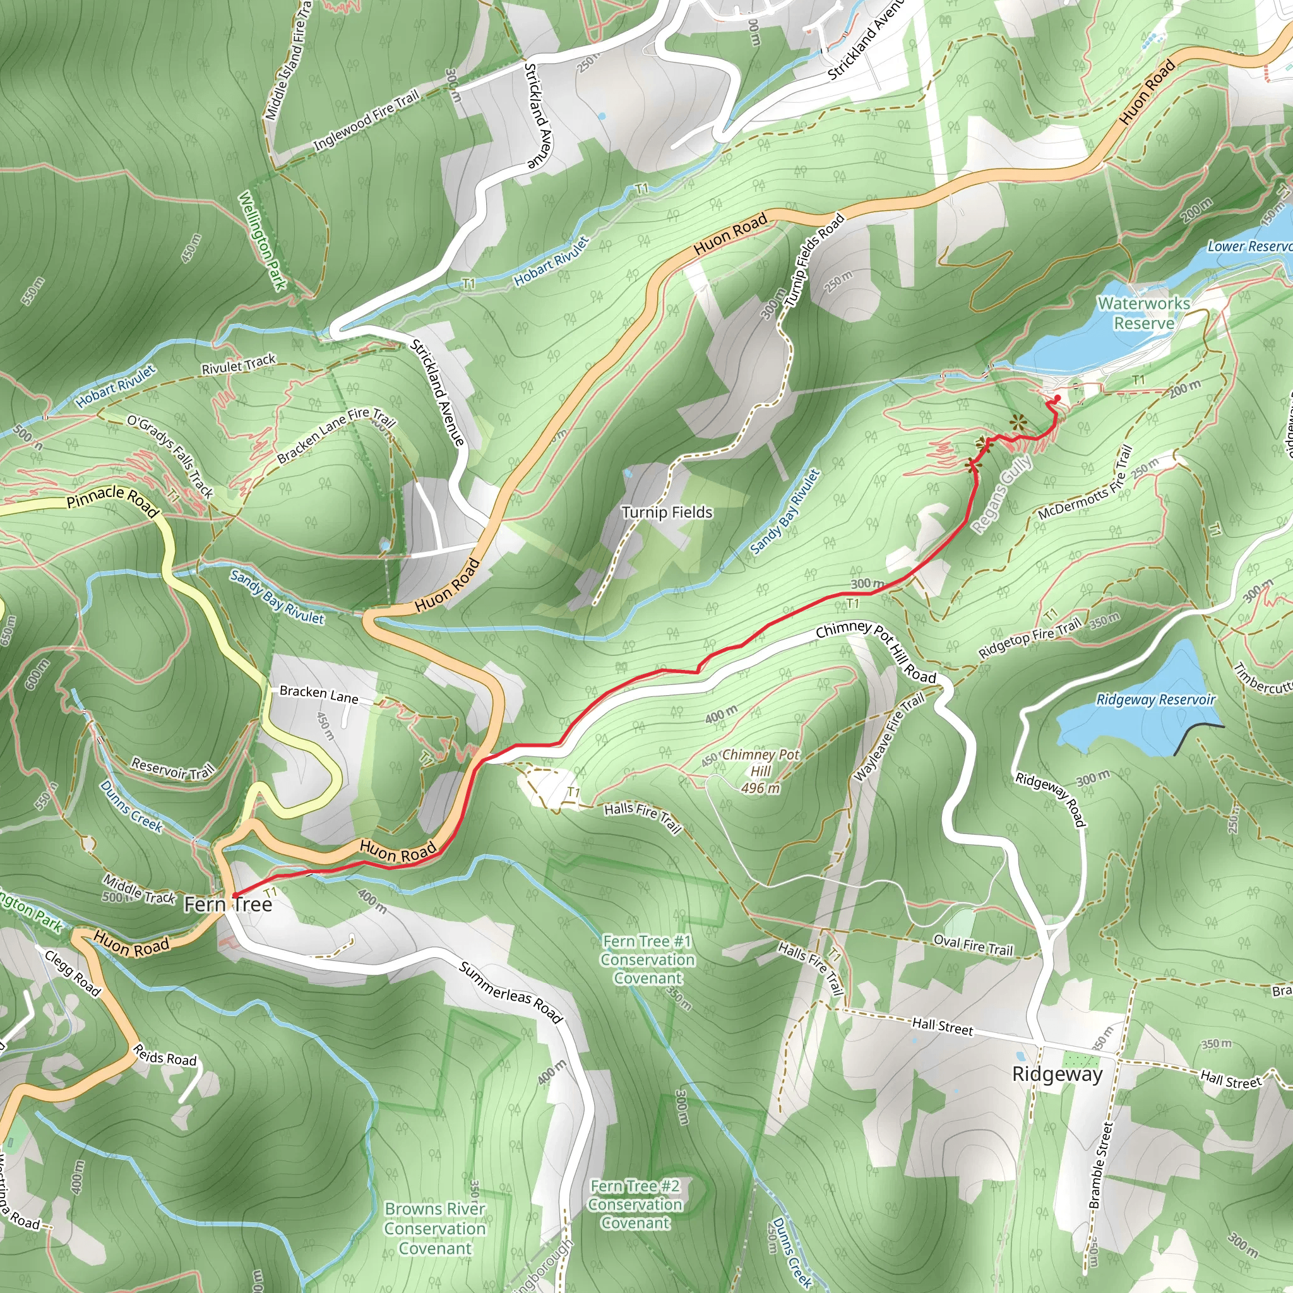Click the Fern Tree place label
[x=228, y=905]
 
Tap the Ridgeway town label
[x=1057, y=1074]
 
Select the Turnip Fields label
[x=667, y=513]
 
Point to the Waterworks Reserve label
[x=1144, y=313]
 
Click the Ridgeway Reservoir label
[x=1155, y=700]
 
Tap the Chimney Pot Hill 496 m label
[x=760, y=771]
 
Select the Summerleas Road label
[x=511, y=992]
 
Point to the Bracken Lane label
[x=319, y=694]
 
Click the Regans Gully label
[x=1002, y=494]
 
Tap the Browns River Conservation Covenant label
[x=435, y=1228]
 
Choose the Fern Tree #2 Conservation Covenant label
[x=635, y=1205]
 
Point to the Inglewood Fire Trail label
[x=366, y=121]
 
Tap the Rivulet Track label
[x=238, y=365]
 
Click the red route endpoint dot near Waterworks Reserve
[x=1058, y=398]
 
